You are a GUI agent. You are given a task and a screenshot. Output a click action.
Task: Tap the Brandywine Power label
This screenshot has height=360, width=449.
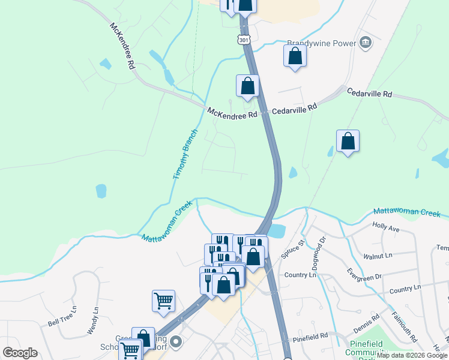pyautogui.click(x=321, y=43)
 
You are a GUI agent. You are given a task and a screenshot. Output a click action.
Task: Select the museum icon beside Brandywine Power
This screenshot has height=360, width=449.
pyautogui.click(x=365, y=43)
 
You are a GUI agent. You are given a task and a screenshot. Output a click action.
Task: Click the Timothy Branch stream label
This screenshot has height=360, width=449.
pyautogui.click(x=185, y=154)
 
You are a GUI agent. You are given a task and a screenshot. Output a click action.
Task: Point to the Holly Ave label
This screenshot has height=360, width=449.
pyautogui.click(x=385, y=227)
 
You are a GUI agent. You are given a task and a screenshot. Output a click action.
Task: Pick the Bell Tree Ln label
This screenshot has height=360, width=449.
pyautogui.click(x=62, y=316)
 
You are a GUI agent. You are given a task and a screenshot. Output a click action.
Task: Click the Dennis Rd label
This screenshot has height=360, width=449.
pyautogui.click(x=366, y=324)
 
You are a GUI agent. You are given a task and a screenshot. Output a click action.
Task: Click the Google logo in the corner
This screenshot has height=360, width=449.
pyautogui.click(x=20, y=352)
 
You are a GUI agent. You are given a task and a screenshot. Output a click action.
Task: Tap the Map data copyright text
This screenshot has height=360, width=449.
pyautogui.click(x=412, y=355)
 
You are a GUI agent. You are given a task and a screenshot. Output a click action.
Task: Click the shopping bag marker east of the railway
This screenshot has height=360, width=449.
pyautogui.click(x=348, y=142)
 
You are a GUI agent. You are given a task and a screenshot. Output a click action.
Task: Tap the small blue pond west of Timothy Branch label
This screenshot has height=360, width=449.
pyautogui.click(x=101, y=191)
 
